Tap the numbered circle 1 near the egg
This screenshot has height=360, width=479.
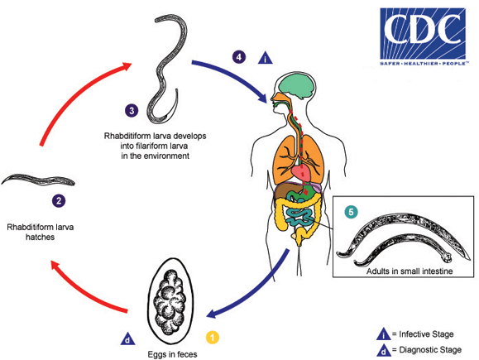tap(213, 337)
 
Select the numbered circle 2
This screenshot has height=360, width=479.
tap(59, 199)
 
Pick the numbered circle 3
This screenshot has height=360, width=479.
tap(130, 109)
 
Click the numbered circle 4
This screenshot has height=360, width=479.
tap(239, 56)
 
